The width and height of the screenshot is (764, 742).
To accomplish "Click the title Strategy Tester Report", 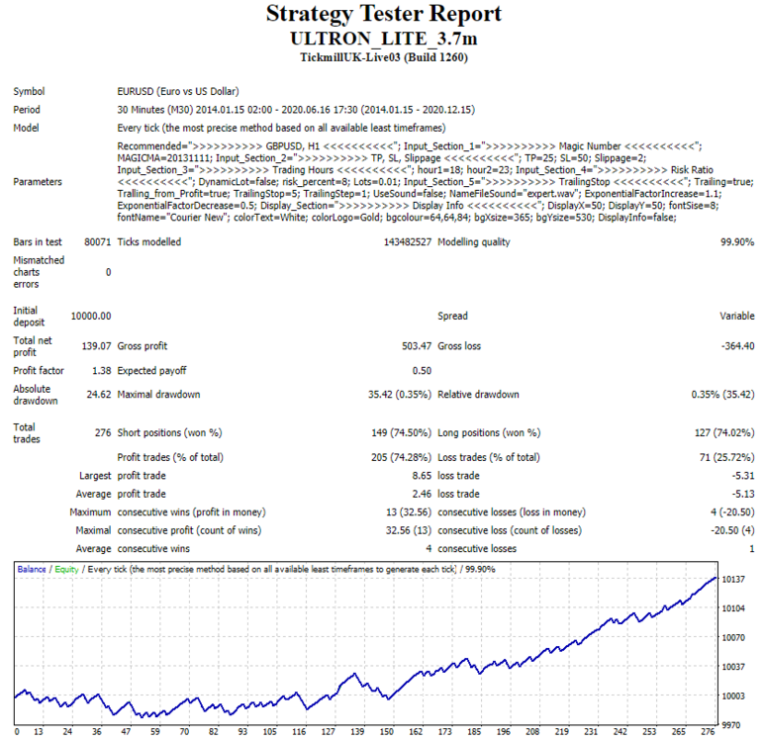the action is [383, 14].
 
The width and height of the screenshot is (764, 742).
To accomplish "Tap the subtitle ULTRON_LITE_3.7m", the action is [383, 39].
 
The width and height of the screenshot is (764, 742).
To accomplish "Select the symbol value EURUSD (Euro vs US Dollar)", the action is [178, 92].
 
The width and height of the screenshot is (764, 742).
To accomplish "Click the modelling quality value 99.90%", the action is [737, 242].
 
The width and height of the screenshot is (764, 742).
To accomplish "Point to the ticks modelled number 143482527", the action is [408, 242].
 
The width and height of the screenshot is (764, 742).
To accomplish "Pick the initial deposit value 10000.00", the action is [91, 317].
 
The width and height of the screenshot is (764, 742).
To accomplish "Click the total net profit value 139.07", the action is [96, 346].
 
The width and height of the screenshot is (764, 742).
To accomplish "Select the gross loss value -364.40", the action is [737, 346].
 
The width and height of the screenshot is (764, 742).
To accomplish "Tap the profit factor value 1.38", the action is [102, 371].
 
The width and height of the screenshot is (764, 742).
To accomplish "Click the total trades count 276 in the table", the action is [103, 433].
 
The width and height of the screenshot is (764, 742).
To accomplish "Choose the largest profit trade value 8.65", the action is [422, 476].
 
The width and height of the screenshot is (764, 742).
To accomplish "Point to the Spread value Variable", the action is [737, 317].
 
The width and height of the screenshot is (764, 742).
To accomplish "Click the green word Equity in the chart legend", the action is [66, 570].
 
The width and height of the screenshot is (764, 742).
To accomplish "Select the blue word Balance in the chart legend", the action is [32, 569].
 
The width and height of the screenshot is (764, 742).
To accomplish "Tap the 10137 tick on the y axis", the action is [733, 580].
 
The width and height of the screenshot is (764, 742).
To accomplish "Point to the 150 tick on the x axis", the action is [387, 732].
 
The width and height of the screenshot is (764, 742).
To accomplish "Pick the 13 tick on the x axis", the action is [39, 732].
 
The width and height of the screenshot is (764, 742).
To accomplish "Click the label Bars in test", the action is [38, 242].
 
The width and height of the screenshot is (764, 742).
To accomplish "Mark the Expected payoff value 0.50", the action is [422, 371].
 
